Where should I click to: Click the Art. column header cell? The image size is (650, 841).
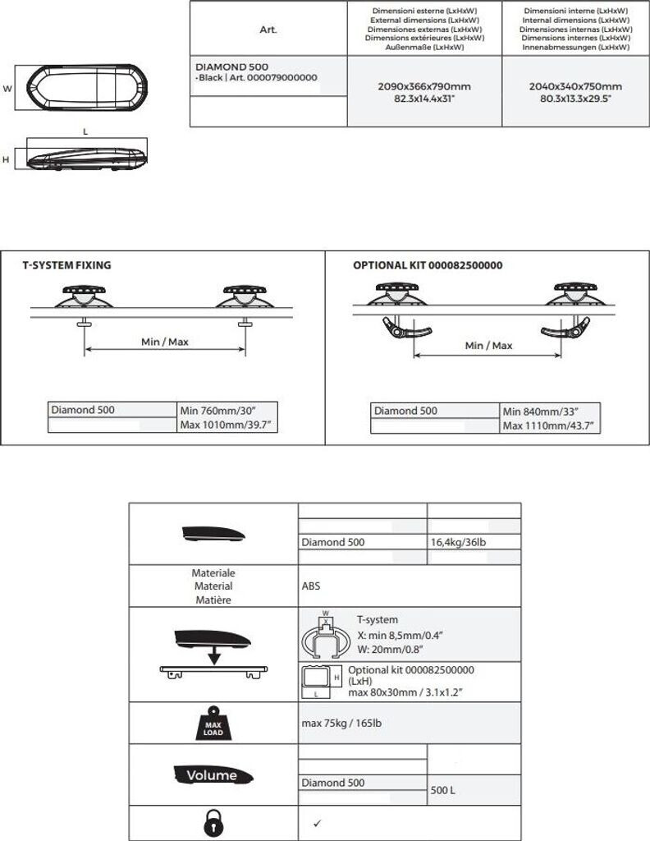coord(268,30)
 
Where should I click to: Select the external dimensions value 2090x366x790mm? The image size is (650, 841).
coord(424,86)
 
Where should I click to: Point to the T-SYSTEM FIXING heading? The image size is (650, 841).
coord(66,266)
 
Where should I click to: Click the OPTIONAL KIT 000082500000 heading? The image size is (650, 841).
coord(427,266)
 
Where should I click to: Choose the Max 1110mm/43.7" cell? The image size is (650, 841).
coord(547,425)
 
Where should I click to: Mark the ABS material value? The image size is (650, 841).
coord(311,587)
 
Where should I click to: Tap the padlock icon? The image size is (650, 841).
coord(213,823)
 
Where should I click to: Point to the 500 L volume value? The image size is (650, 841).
coord(443,790)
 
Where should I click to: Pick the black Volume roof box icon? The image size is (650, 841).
coord(213,774)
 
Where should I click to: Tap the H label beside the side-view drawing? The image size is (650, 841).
coord(6,159)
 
